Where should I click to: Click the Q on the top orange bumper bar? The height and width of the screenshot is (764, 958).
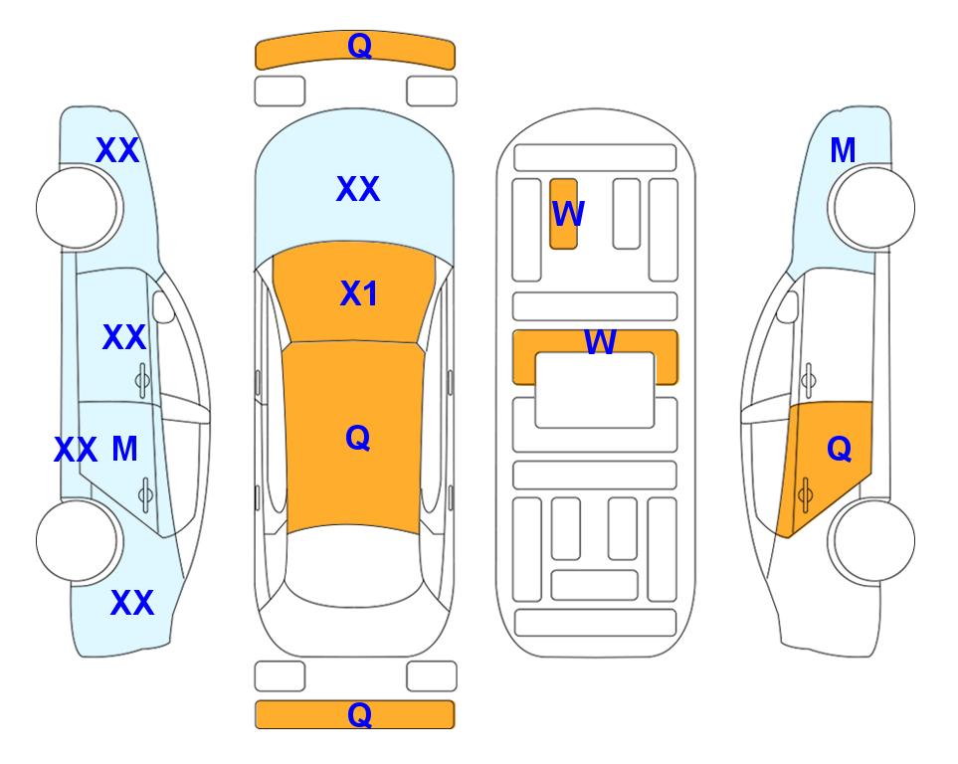[359, 46]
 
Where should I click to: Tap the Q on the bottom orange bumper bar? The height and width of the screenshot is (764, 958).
[359, 714]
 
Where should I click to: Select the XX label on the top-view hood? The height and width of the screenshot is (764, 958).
[358, 189]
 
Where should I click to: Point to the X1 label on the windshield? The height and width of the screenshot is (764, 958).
[359, 293]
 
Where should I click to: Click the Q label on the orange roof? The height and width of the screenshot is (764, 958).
[357, 438]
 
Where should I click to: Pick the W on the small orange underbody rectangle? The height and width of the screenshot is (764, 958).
[568, 213]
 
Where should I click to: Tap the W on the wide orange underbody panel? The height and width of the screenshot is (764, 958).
[600, 341]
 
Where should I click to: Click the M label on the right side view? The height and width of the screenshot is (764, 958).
[843, 150]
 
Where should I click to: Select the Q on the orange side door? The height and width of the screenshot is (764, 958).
[839, 449]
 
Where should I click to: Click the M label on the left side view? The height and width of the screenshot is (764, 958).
[124, 450]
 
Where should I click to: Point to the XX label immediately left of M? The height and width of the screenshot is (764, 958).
[76, 451]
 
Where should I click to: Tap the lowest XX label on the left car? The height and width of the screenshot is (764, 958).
[132, 603]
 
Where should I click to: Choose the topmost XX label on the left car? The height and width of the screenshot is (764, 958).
[118, 150]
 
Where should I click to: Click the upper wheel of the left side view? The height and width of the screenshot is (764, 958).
[78, 208]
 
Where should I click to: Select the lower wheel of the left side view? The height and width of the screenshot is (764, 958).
[78, 541]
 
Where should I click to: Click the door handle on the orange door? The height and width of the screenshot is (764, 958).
[805, 495]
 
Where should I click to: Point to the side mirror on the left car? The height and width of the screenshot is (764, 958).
[163, 306]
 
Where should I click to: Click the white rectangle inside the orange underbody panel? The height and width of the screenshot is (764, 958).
[595, 390]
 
